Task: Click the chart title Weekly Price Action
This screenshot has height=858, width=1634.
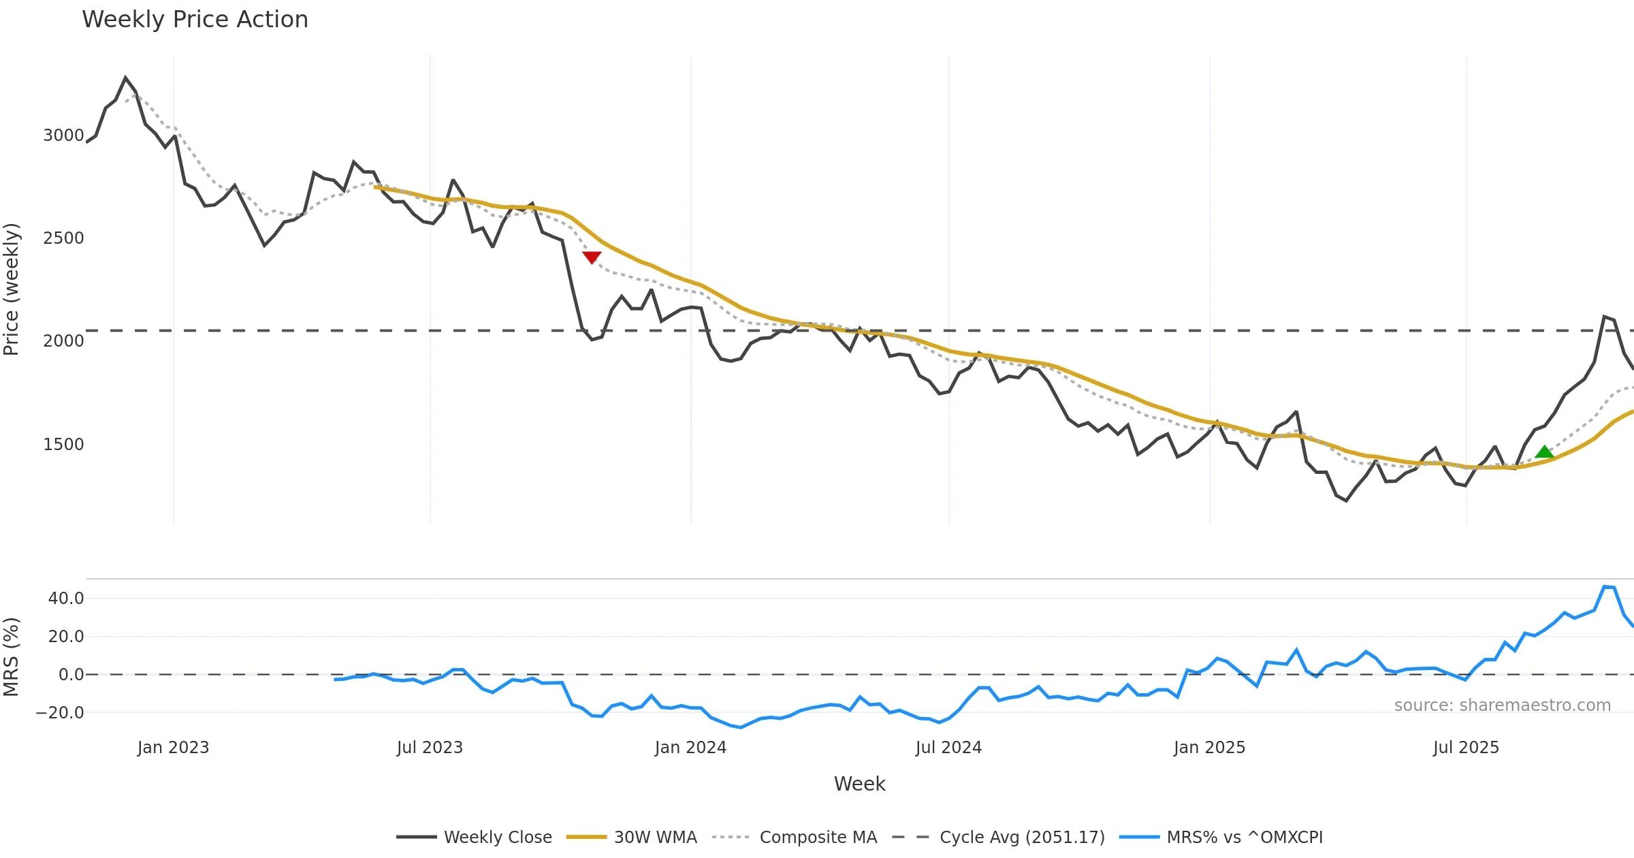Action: (195, 20)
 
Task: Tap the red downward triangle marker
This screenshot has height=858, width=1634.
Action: (592, 257)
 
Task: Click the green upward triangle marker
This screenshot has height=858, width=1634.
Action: (1544, 451)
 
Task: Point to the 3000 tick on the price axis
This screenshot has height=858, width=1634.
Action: (63, 136)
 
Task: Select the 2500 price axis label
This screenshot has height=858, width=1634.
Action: (63, 238)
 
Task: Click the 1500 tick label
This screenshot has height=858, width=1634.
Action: (63, 445)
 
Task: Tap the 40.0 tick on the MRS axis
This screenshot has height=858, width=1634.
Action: (66, 599)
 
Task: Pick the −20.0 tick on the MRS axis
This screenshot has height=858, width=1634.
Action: (60, 713)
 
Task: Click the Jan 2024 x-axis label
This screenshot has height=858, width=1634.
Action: (690, 748)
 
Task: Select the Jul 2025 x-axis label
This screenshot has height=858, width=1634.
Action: (1466, 748)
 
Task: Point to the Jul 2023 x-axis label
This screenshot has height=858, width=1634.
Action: (430, 748)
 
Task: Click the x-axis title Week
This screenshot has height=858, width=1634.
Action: (859, 784)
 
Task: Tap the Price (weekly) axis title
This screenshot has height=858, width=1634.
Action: (12, 289)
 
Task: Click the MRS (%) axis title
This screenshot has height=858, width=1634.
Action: (12, 657)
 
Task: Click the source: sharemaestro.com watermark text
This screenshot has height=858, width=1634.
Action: (1502, 705)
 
